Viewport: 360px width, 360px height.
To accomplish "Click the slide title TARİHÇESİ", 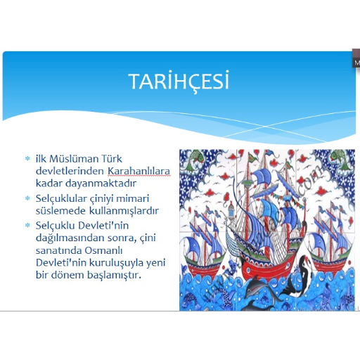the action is tap(179, 81).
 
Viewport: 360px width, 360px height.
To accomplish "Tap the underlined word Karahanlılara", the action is tap(139, 172).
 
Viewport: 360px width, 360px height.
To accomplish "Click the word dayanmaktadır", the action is tap(101, 184).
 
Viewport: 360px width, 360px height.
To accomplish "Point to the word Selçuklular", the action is tap(61, 199).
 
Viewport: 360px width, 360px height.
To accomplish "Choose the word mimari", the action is tap(133, 198).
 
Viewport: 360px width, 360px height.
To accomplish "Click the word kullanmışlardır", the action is tap(124, 211).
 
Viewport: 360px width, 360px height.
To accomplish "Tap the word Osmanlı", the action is tap(103, 250).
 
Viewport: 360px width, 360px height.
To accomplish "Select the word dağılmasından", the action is tap(67, 238).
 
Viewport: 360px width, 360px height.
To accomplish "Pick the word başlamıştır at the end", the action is tap(115, 275).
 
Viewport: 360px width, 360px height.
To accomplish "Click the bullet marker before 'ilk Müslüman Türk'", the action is tap(27, 159).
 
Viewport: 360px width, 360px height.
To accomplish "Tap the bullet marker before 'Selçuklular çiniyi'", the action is tap(27, 198).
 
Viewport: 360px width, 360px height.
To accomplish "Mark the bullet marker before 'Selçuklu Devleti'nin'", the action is tap(27, 226).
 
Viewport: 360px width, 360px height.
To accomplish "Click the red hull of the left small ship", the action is tap(203, 268).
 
